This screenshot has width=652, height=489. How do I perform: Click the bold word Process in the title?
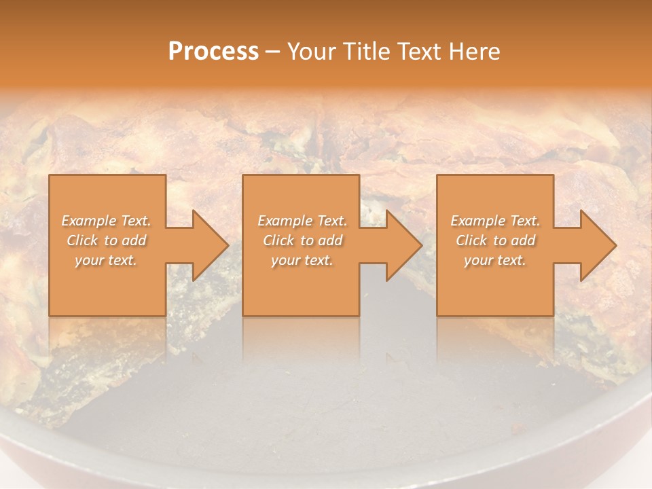point(213,52)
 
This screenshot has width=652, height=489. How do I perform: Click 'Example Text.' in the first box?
point(106,221)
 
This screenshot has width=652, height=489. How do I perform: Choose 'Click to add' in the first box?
point(106,240)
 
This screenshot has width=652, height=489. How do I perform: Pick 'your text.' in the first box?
point(106,260)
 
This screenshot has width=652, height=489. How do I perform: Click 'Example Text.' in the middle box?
point(302,221)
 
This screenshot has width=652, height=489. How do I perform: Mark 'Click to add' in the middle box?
point(302,240)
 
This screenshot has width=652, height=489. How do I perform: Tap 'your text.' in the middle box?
point(302,260)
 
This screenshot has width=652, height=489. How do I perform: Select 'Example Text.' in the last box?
point(495,221)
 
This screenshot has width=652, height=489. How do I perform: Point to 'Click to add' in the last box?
point(495,240)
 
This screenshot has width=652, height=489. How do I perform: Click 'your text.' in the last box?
point(495,260)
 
